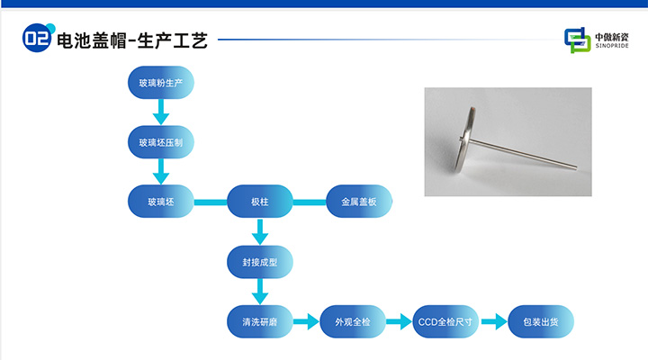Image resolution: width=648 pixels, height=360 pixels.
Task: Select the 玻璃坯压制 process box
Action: coord(161,142)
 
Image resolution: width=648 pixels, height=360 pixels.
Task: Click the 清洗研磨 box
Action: coord(260,321)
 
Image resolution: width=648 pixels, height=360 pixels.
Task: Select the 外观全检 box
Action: coord(359,321)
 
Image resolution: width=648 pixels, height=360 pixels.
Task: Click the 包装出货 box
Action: coord(541,321)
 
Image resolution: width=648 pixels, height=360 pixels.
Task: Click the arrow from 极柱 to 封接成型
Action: coord(260,232)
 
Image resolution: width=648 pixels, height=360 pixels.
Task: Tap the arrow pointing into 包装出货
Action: coord(493,321)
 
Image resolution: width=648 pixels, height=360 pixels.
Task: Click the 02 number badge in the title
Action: coord(37,39)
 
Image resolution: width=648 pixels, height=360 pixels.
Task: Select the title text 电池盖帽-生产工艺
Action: coord(132,40)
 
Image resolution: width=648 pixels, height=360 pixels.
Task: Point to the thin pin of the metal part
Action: coord(531,153)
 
